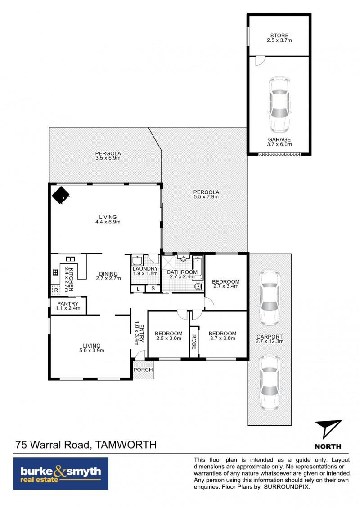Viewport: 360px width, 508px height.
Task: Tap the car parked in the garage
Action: click(x=279, y=104)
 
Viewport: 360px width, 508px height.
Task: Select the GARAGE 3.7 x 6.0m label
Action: click(x=279, y=142)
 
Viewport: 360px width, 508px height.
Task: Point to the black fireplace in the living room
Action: click(x=61, y=195)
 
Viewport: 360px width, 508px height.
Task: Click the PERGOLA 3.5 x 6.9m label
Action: click(x=108, y=156)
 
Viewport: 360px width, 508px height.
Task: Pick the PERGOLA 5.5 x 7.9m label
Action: click(x=206, y=194)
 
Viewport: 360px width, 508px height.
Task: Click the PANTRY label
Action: click(x=68, y=303)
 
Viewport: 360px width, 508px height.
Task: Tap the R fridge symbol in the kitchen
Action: click(x=56, y=290)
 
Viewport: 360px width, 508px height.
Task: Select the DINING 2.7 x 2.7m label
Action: click(x=108, y=276)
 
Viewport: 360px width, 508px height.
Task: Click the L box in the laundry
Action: click(x=138, y=289)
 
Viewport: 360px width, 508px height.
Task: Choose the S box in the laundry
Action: click(x=153, y=289)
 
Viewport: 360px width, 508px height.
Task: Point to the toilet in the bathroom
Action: click(x=198, y=286)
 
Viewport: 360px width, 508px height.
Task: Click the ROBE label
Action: click(x=194, y=342)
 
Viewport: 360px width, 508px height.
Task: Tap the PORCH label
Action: click(x=143, y=370)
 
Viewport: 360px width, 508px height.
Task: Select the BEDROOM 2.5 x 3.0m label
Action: click(x=169, y=336)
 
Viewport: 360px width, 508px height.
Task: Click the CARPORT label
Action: click(x=270, y=337)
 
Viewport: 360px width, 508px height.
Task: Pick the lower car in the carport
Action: click(x=270, y=382)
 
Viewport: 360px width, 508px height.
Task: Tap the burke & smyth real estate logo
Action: click(x=61, y=473)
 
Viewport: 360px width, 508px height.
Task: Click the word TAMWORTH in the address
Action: click(x=126, y=445)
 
